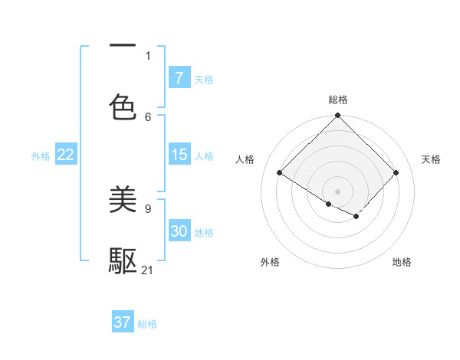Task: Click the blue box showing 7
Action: click(x=179, y=78)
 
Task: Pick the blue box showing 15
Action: click(x=179, y=155)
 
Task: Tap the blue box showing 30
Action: click(x=179, y=231)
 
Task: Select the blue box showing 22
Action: click(x=65, y=155)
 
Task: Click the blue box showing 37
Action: click(x=123, y=322)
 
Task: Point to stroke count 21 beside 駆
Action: click(x=148, y=270)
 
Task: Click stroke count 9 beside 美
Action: click(x=148, y=208)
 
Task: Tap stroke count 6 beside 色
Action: click(x=148, y=116)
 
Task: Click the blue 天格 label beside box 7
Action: click(x=204, y=79)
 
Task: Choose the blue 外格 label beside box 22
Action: click(x=41, y=155)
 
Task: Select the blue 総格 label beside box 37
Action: click(x=147, y=323)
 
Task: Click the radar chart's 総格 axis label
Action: click(x=337, y=100)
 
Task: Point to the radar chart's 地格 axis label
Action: click(x=402, y=262)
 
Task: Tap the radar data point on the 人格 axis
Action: click(x=279, y=173)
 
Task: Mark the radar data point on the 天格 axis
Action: click(x=396, y=173)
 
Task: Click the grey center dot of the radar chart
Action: click(x=337, y=191)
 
